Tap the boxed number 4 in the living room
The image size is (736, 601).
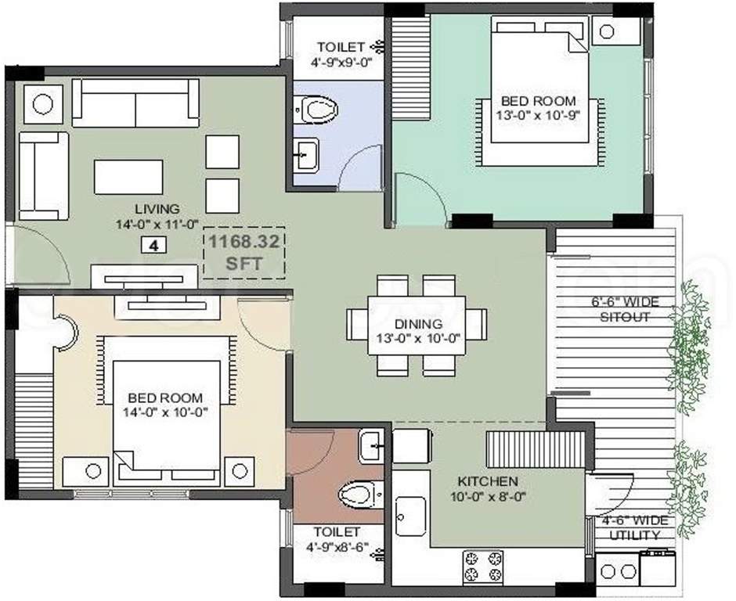153,245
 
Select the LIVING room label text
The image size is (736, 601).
157,209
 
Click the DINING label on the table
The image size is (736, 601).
418,323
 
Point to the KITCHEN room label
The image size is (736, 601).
488,481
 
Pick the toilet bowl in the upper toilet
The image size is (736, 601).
316,108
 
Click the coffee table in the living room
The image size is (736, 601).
129,177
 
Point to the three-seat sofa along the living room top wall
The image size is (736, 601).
135,103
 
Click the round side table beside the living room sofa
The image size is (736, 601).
42,104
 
